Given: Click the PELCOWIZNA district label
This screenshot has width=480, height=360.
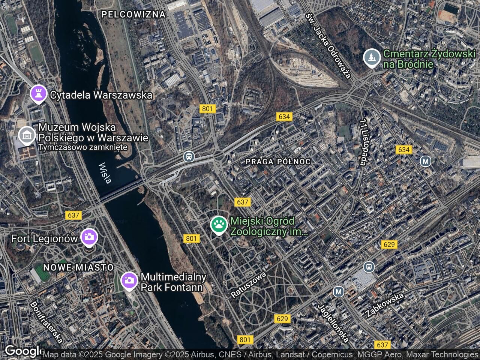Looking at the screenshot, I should pyautogui.click(x=133, y=15).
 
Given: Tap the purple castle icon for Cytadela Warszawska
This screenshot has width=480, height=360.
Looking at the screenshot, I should pyautogui.click(x=38, y=94).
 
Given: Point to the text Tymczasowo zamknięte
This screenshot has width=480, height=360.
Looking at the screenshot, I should pyautogui.click(x=83, y=147).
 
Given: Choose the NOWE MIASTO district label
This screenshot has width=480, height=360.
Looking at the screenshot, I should pyautogui.click(x=78, y=267).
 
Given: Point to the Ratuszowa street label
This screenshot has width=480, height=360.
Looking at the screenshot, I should pyautogui.click(x=248, y=285).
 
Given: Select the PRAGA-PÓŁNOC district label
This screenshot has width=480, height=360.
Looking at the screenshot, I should pyautogui.click(x=278, y=162).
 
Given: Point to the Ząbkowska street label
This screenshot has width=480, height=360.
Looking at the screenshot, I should pyautogui.click(x=384, y=305).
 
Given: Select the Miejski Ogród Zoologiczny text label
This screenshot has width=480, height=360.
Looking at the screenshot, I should pyautogui.click(x=268, y=226).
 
